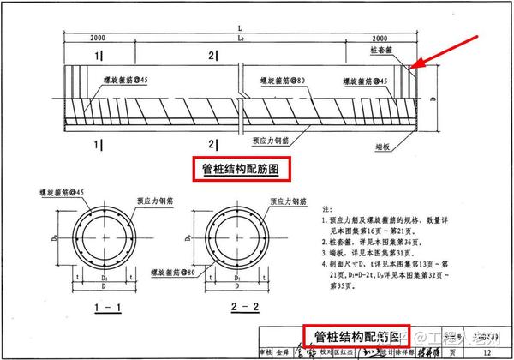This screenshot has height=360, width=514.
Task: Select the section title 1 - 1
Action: point(100,305)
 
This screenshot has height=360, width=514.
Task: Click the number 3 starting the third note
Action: point(323,254)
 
